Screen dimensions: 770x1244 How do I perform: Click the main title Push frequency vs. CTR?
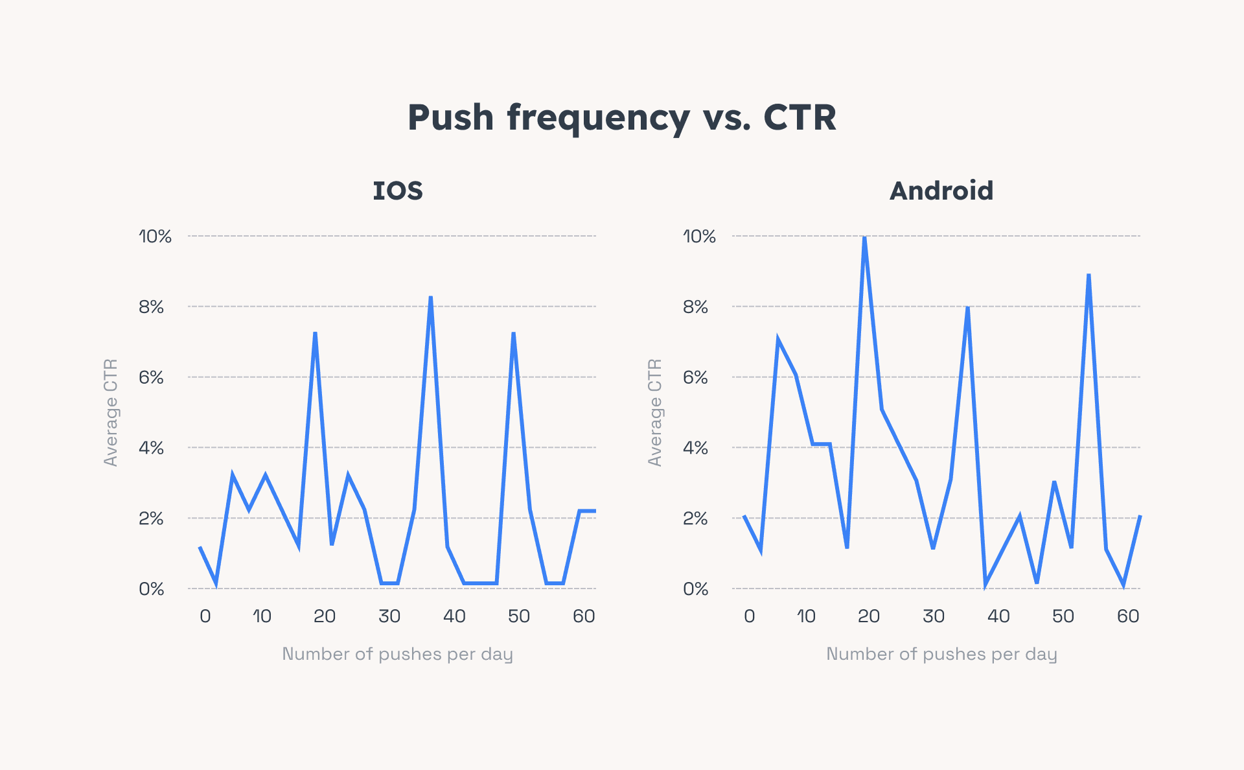[621, 118]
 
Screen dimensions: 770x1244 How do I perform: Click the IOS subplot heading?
[398, 191]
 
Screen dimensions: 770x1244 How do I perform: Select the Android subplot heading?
[941, 191]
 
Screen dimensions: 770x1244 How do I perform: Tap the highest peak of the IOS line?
[430, 298]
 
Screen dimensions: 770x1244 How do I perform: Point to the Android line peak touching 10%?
[864, 239]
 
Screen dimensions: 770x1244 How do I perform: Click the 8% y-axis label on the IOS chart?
[151, 307]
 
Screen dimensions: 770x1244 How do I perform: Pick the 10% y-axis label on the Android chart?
[698, 237]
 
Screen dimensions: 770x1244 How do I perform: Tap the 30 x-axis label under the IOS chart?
[389, 616]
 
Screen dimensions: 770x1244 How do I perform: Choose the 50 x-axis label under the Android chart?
[1063, 616]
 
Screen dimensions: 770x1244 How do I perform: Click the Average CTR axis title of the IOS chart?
[111, 412]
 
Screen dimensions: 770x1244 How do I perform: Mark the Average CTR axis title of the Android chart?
[655, 412]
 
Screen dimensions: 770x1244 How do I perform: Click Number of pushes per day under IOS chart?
[397, 654]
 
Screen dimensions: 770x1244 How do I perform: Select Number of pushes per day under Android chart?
[941, 654]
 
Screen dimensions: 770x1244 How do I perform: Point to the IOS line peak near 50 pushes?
[513, 334]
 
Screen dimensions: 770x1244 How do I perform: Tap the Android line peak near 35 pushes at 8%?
[967, 308]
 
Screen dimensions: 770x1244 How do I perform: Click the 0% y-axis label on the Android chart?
[695, 589]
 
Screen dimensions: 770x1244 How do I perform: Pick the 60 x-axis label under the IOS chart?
[583, 616]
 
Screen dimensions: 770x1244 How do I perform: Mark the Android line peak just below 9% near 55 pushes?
[1088, 275]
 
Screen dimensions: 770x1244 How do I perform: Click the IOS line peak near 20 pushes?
[315, 334]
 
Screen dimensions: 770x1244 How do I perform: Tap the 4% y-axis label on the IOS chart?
[151, 448]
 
